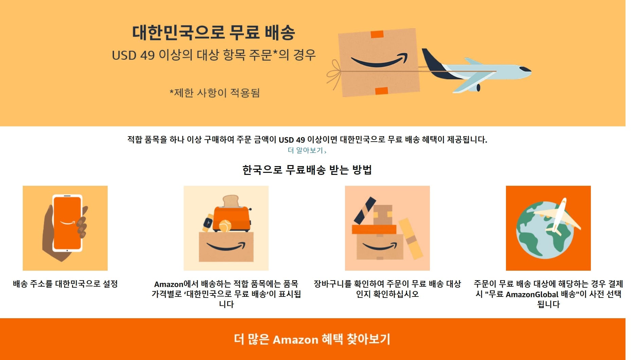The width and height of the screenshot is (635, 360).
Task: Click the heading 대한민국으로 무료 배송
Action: pyautogui.click(x=213, y=33)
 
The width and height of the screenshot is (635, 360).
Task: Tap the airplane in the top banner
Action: pyautogui.click(x=475, y=71)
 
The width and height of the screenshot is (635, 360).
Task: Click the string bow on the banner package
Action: pyautogui.click(x=334, y=75)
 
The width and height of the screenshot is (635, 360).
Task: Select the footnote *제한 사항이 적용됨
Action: pyautogui.click(x=215, y=93)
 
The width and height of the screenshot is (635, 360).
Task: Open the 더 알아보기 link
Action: pyautogui.click(x=307, y=150)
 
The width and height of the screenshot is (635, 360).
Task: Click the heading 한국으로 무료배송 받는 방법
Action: pyautogui.click(x=307, y=170)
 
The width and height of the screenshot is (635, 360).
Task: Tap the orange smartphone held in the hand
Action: pyautogui.click(x=67, y=223)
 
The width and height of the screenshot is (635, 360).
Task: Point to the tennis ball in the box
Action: pyautogui.click(x=225, y=226)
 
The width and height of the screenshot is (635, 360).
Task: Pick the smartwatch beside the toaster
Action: pyautogui.click(x=207, y=222)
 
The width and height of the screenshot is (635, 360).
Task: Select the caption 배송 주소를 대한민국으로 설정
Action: pyautogui.click(x=65, y=284)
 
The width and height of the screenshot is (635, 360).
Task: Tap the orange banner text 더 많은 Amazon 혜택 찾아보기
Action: pyautogui.click(x=312, y=339)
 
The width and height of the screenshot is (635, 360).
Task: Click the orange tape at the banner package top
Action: pyautogui.click(x=377, y=34)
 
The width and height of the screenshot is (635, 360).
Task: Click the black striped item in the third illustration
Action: pyautogui.click(x=365, y=211)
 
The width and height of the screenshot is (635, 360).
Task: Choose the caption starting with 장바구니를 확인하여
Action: pyautogui.click(x=387, y=289)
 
